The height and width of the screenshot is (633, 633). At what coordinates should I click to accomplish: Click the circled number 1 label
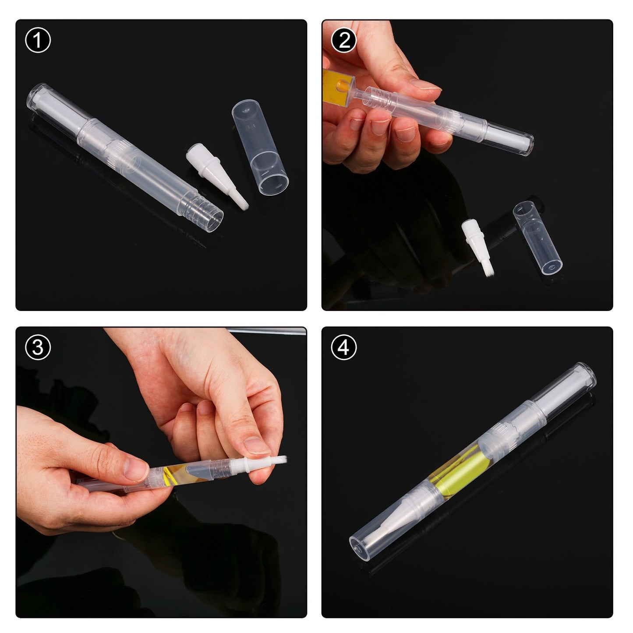(x=38, y=40)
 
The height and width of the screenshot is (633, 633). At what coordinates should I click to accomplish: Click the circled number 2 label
(x=344, y=40)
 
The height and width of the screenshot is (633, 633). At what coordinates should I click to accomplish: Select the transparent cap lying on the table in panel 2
(x=538, y=237)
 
